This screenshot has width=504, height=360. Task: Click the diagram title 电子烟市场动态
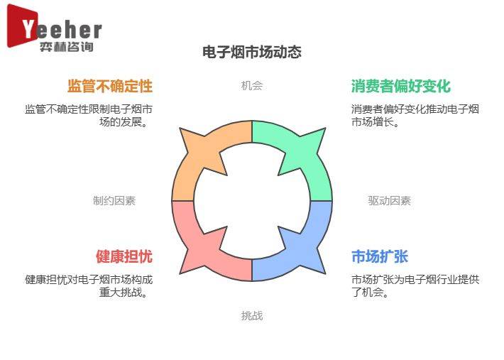tap(252, 52)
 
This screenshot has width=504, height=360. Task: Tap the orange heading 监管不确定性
tap(110, 86)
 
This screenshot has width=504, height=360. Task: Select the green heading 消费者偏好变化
tap(401, 86)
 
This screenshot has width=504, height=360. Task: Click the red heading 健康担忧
tap(124, 256)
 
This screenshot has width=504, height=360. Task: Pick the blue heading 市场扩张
tap(380, 256)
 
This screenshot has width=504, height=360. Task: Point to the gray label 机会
tap(252, 85)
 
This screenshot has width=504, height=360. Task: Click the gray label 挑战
tap(252, 316)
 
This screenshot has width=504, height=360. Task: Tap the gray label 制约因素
tap(114, 200)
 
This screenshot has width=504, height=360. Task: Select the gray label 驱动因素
tap(390, 200)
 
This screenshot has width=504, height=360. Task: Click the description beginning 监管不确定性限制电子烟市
tap(89, 116)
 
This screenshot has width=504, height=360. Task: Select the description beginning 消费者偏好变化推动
tap(415, 116)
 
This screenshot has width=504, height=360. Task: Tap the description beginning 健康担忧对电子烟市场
tap(89, 285)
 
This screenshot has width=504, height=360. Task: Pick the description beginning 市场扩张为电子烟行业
tap(415, 285)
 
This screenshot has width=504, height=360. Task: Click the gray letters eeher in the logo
tap(69, 30)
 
